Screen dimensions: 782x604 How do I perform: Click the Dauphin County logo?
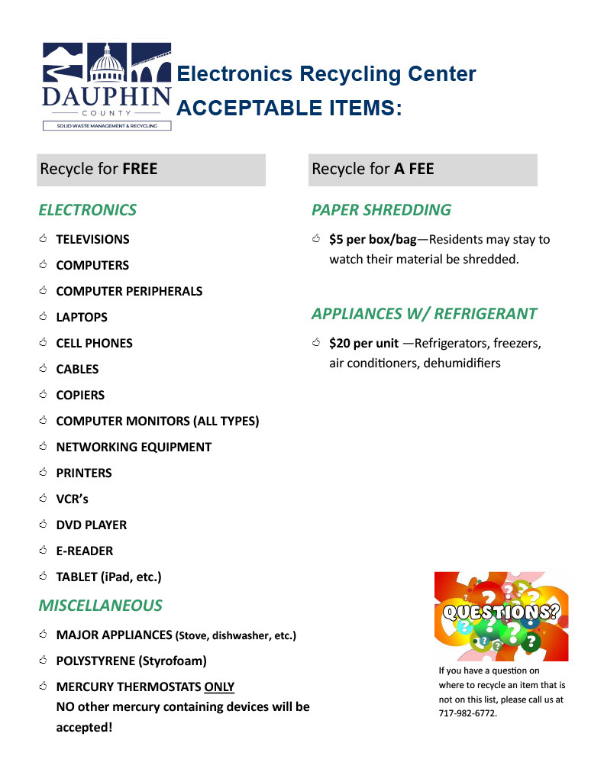106,86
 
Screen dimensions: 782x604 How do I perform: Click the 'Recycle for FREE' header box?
151,170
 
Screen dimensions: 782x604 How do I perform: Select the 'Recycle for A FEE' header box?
422,170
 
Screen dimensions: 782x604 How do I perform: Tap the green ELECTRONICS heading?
88,210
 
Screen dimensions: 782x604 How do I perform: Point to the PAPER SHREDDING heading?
381,210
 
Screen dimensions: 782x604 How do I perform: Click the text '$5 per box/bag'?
373,240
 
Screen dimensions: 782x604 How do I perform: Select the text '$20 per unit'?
363,344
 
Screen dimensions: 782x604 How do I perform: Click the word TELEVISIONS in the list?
92,240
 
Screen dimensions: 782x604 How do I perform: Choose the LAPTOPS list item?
82,318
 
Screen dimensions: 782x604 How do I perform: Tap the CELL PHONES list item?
94,344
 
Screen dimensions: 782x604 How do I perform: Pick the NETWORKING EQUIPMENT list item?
134,448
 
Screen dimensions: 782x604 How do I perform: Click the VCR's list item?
73,499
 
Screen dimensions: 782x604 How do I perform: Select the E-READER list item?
84,551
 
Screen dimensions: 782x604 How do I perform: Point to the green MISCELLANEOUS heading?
100,606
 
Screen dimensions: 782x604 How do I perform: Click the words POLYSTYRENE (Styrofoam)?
131,661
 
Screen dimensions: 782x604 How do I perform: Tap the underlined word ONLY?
219,687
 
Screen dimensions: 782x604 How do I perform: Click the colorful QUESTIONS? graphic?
501,616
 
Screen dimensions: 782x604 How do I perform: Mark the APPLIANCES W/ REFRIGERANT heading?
424,314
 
